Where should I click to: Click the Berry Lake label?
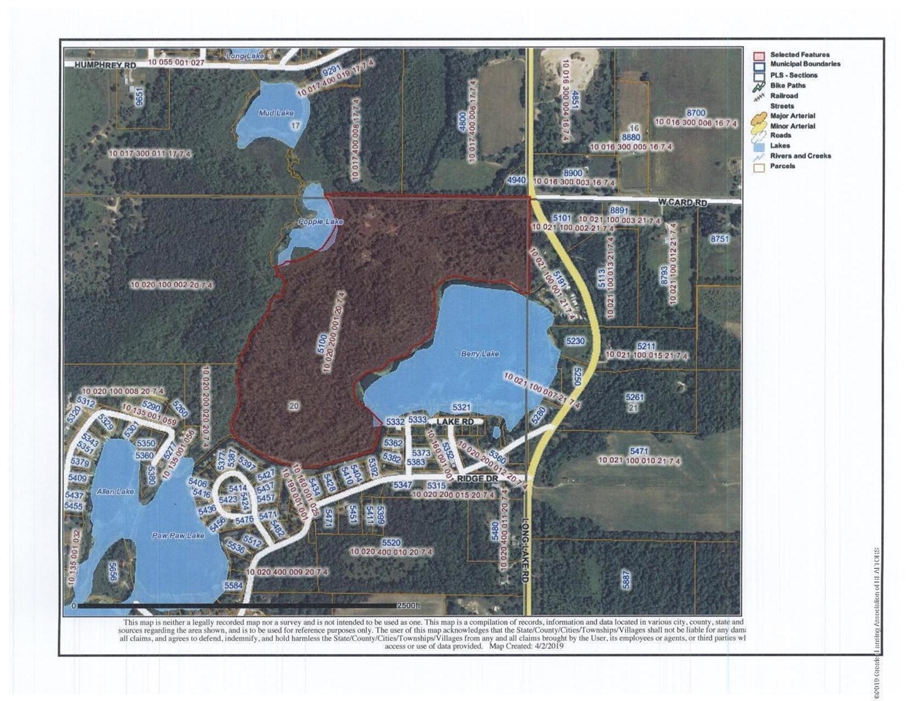[x=480, y=354]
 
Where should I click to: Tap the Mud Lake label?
[x=276, y=113]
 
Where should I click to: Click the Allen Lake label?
[x=115, y=492]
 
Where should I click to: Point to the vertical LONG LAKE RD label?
[x=524, y=550]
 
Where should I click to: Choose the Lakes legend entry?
[x=780, y=145]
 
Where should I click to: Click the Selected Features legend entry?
[x=799, y=55]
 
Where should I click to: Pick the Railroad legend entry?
[x=783, y=96]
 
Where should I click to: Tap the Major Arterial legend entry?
[x=792, y=115]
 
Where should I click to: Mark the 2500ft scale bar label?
[x=409, y=606]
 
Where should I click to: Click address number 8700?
[x=696, y=113]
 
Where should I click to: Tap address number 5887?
[x=625, y=580]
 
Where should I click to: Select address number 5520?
[x=391, y=543]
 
